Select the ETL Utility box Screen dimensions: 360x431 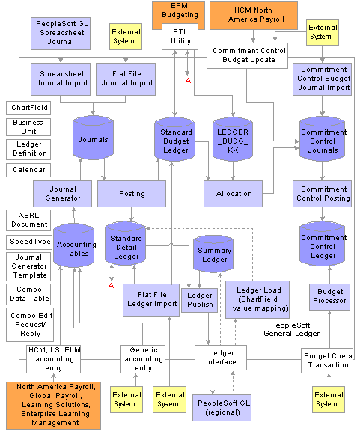[x=180, y=37]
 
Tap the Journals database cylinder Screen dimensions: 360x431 [x=94, y=138]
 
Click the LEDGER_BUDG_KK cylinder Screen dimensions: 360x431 [x=233, y=139]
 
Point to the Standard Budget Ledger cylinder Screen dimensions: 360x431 [x=175, y=139]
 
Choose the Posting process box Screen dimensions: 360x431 [x=132, y=194]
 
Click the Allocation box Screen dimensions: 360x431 [x=234, y=194]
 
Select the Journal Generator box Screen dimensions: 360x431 [x=62, y=194]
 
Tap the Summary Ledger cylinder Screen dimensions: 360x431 [x=213, y=254]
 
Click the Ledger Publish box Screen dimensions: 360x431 [x=199, y=300]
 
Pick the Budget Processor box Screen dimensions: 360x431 [x=330, y=297]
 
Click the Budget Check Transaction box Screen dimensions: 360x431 [x=327, y=361]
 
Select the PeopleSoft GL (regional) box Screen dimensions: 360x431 [x=222, y=408]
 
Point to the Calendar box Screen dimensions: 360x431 [x=28, y=170]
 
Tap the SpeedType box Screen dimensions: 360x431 [x=29, y=242]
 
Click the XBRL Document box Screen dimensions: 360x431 [x=28, y=220]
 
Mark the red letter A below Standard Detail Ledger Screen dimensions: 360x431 [x=111, y=286]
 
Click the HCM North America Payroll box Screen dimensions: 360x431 [x=254, y=16]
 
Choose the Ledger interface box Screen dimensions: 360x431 [x=221, y=358]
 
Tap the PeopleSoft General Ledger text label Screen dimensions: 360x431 [x=291, y=329]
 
